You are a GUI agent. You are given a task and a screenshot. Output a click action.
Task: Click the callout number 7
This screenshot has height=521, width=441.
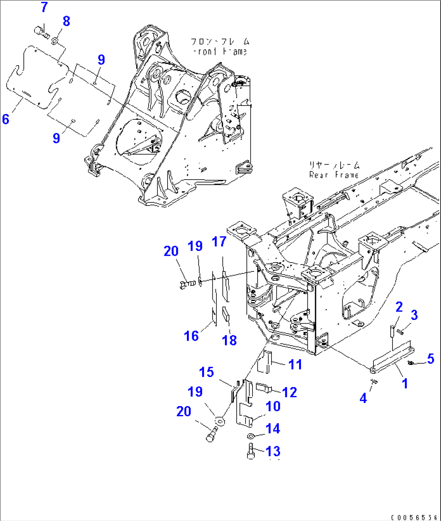[44, 7]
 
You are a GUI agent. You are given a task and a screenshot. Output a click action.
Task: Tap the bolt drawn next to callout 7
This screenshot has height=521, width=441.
[40, 30]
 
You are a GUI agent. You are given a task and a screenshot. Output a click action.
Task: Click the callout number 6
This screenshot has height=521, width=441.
[5, 119]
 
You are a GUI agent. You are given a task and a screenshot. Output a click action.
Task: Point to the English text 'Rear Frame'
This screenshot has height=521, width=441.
[334, 175]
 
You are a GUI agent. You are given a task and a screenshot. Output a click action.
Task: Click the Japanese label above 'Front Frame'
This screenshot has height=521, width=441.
[220, 42]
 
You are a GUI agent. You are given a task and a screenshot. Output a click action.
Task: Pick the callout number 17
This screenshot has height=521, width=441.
[219, 242]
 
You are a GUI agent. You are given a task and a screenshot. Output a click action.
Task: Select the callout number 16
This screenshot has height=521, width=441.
[191, 335]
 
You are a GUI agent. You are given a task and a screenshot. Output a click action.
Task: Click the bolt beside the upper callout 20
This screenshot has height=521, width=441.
[184, 285]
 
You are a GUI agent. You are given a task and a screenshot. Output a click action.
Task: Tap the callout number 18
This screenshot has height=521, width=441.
[229, 340]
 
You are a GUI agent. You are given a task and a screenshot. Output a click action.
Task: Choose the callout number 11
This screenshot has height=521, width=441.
[295, 364]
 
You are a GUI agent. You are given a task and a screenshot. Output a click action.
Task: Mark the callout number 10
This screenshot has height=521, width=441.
[273, 406]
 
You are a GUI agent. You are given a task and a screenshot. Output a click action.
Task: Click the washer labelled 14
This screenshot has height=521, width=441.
[250, 436]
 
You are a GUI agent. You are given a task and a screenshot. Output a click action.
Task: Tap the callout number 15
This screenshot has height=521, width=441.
[207, 372]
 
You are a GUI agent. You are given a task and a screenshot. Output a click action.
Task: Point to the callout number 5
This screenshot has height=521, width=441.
[430, 358]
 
